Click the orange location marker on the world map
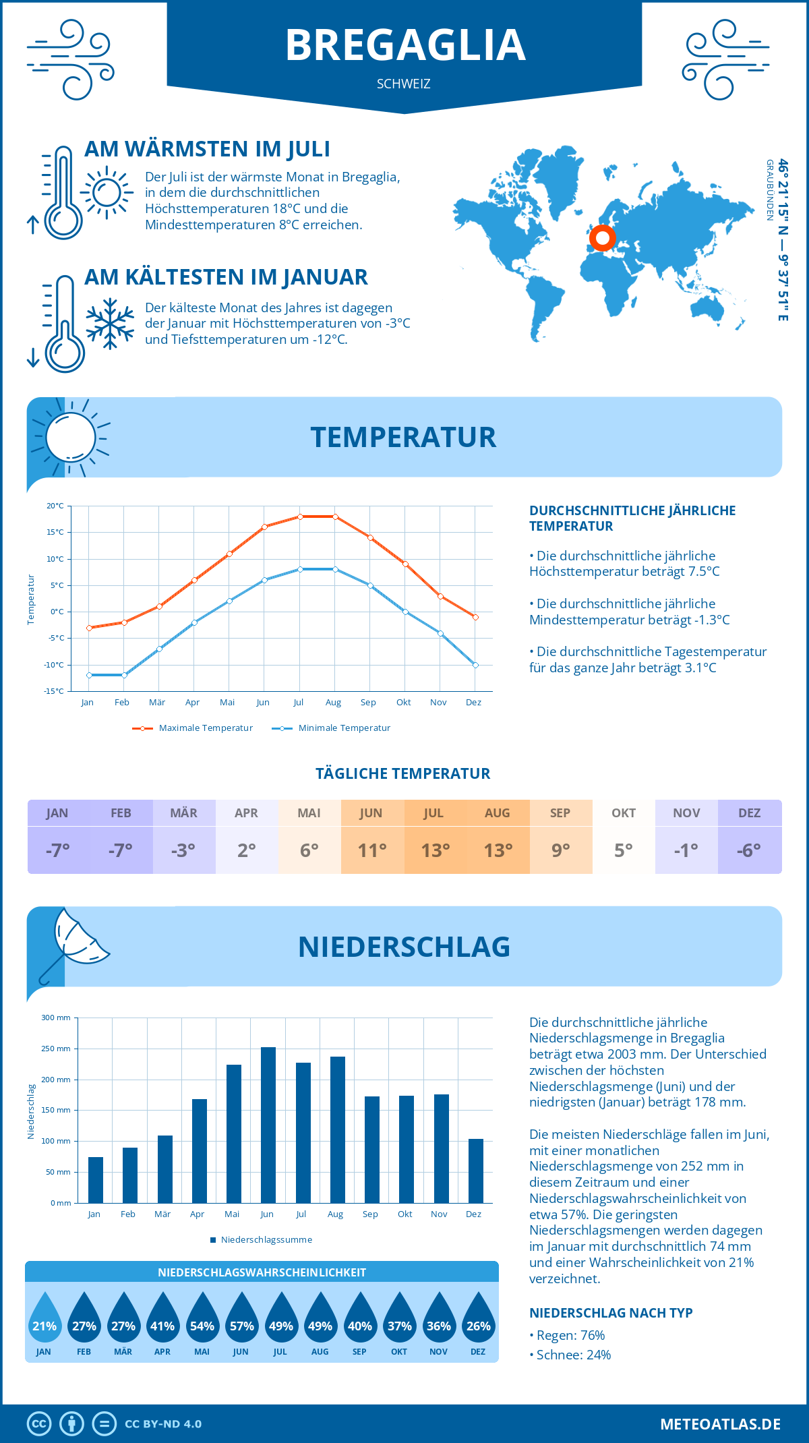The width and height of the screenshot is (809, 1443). [x=602, y=237]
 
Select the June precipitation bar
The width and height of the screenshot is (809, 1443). [x=268, y=1125]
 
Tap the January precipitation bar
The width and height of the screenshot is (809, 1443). [x=96, y=1180]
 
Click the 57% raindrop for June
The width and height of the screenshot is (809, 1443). [x=241, y=1319]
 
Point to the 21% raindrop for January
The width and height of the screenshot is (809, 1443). [x=44, y=1319]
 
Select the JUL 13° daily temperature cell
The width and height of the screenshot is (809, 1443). [x=435, y=850]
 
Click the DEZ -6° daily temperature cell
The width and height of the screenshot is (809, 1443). [x=749, y=850]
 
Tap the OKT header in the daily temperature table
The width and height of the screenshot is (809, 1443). [x=624, y=813]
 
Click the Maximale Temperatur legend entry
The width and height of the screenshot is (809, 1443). [x=193, y=728]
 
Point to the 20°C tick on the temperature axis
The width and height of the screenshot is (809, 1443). [x=55, y=506]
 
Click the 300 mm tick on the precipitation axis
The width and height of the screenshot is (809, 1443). [x=57, y=1018]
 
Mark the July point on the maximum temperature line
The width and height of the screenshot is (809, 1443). [x=300, y=517]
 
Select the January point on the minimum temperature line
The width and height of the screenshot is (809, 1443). [x=89, y=675]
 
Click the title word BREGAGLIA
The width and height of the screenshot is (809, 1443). [x=405, y=45]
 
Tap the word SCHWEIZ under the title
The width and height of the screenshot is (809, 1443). [x=404, y=84]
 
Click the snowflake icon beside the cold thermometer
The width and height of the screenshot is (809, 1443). [x=110, y=324]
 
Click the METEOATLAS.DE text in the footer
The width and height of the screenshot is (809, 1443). [x=720, y=1424]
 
